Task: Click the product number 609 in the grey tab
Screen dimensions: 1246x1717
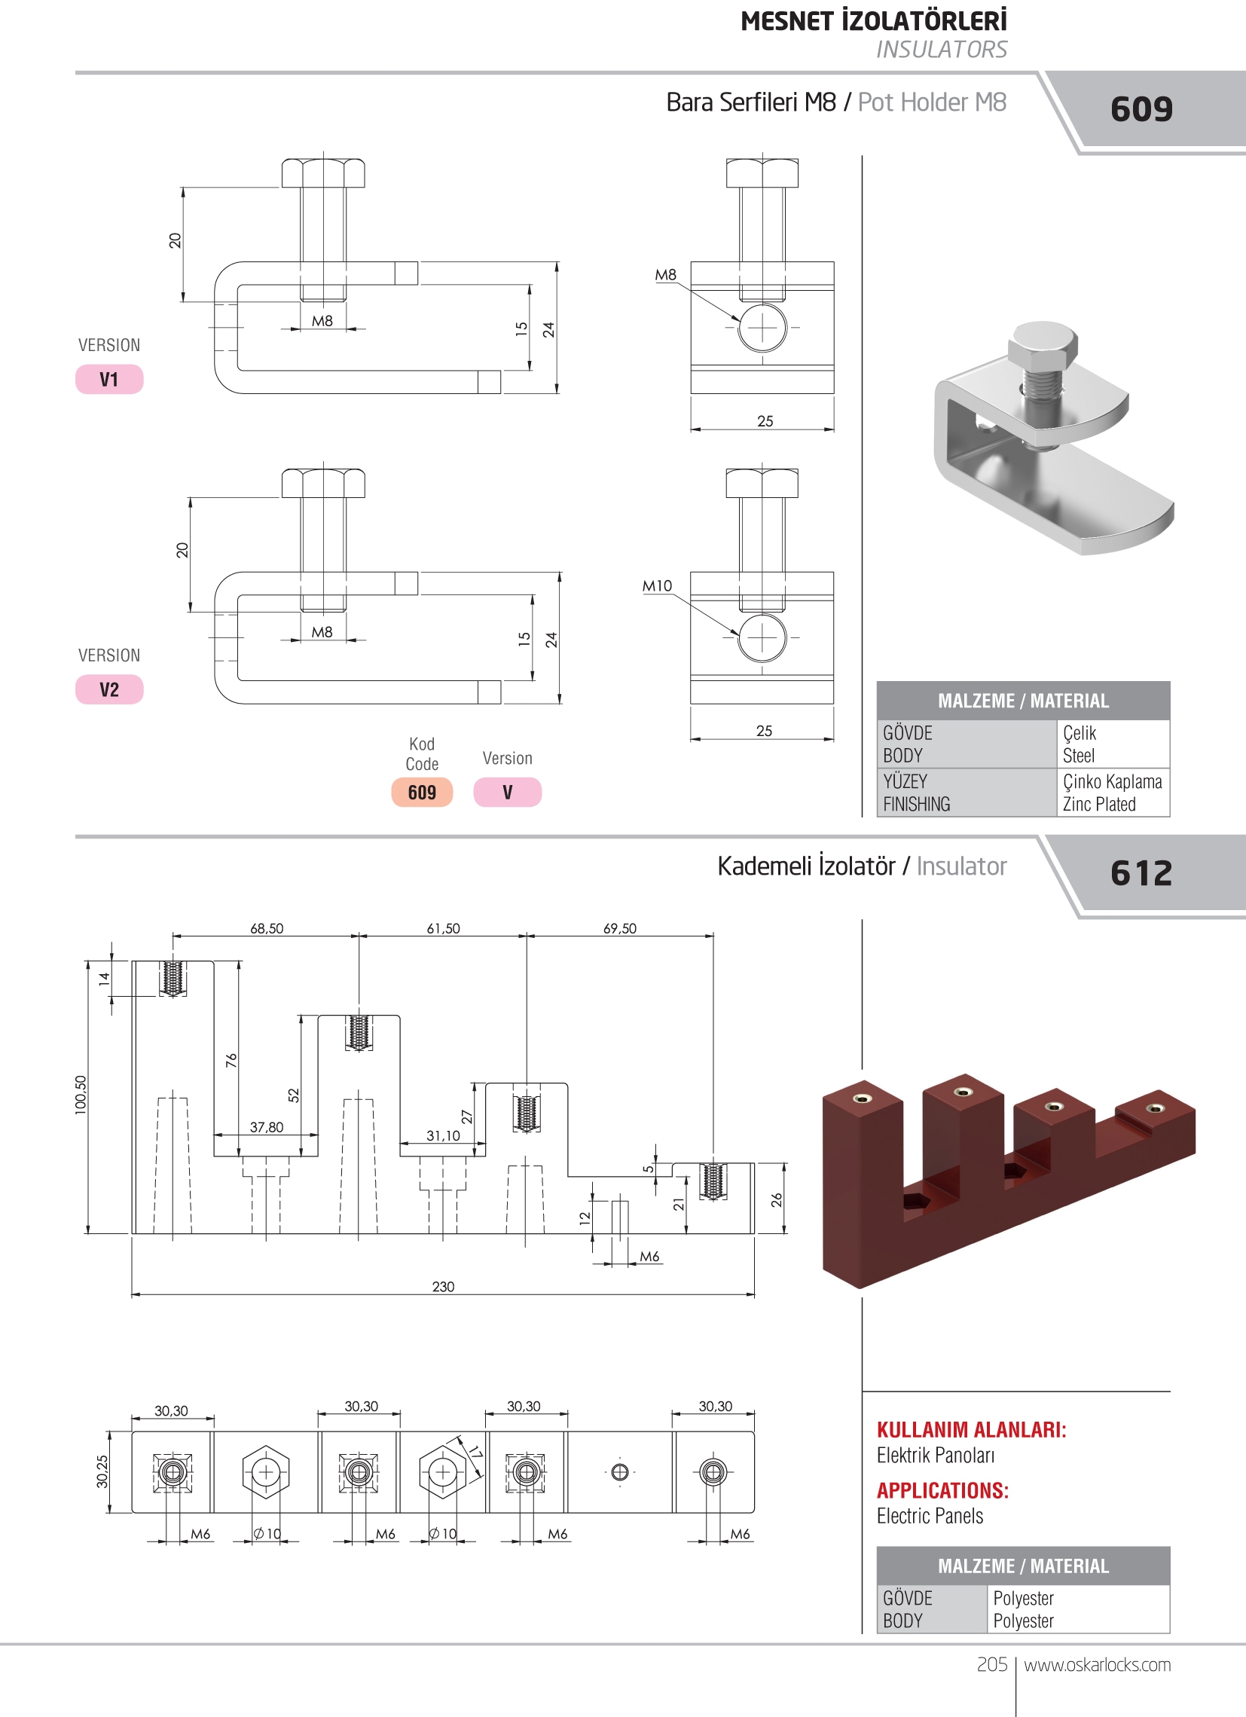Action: [x=1141, y=109]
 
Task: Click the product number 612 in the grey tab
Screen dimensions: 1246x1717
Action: [x=1141, y=873]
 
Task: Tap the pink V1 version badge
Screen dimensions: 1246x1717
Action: [x=109, y=379]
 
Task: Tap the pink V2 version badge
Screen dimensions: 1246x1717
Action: [x=109, y=689]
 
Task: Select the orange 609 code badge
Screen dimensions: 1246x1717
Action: [x=422, y=793]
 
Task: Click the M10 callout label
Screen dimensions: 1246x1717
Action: [x=657, y=586]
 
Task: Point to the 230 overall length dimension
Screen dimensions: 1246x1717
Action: [x=443, y=1286]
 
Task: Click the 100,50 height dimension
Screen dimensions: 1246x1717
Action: [x=81, y=1095]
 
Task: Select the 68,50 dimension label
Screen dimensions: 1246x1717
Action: [x=267, y=928]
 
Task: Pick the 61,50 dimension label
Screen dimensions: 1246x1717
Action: [x=443, y=928]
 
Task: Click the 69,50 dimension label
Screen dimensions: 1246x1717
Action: [x=619, y=928]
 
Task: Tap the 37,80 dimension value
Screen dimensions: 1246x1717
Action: [x=267, y=1127]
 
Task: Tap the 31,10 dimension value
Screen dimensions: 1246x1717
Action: [x=443, y=1135]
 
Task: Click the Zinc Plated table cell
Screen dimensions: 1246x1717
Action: [x=1099, y=804]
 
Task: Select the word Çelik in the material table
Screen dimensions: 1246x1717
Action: [x=1080, y=733]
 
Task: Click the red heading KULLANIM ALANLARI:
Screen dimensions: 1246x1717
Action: [x=971, y=1429]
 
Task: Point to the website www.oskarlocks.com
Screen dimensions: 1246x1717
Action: [x=1097, y=1665]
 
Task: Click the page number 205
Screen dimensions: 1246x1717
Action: [x=991, y=1665]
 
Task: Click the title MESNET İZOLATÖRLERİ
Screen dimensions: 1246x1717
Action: [x=874, y=21]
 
